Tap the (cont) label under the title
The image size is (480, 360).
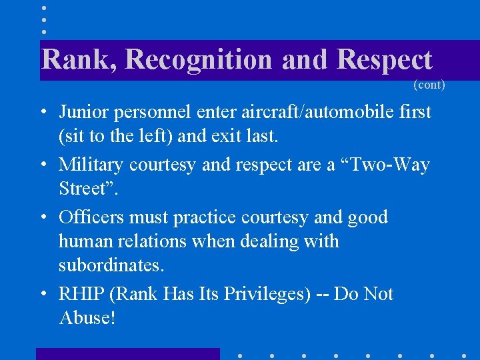[x=429, y=85]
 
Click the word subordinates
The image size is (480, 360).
[x=109, y=266]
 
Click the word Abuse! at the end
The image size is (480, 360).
[x=87, y=318]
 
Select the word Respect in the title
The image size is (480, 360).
[x=385, y=60]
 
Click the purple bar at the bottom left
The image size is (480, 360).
[x=127, y=353]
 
